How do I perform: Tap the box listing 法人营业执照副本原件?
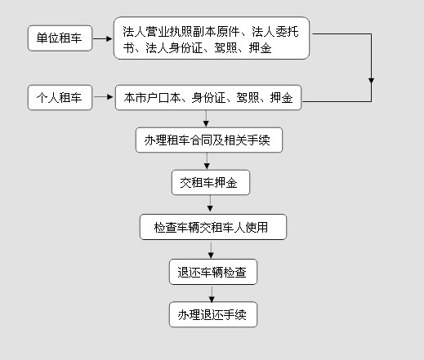click(212, 39)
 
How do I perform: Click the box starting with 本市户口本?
click(208, 98)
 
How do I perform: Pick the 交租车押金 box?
click(210, 183)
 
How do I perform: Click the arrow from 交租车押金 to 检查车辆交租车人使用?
click(210, 204)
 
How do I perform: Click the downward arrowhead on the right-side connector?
click(371, 81)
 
